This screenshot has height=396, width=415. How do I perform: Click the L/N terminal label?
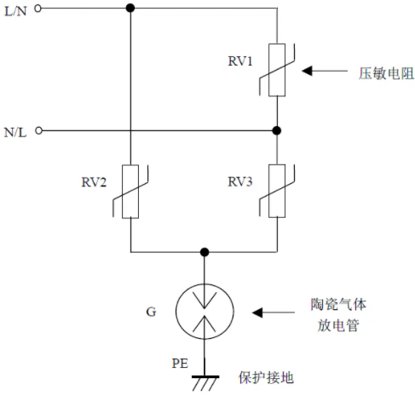tap(15, 11)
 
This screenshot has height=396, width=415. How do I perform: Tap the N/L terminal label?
tap(15, 132)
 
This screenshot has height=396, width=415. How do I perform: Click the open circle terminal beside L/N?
tap(37, 9)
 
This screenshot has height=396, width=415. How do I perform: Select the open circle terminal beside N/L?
tap(38, 130)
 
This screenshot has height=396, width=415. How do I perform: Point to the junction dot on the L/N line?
tap(130, 8)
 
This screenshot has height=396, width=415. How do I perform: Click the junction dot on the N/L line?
tap(277, 130)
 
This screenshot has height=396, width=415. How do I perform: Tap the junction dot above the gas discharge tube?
tap(205, 252)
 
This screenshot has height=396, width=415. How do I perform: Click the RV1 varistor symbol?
tap(277, 70)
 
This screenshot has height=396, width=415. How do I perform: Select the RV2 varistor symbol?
tap(130, 192)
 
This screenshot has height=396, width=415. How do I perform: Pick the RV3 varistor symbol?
tap(277, 191)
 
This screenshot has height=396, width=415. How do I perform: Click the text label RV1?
tap(240, 61)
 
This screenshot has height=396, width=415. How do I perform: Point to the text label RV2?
tap(94, 182)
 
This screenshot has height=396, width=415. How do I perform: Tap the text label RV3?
tap(240, 181)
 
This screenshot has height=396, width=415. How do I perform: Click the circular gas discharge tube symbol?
tap(205, 312)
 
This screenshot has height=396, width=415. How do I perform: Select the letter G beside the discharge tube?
tap(151, 312)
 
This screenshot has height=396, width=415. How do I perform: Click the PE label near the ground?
tap(180, 364)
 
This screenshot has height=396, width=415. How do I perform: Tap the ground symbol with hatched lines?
tap(205, 383)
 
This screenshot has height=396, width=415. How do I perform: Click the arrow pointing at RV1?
tap(325, 71)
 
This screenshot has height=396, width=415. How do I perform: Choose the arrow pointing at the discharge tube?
tap(274, 313)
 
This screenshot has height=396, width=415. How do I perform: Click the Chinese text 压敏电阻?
tap(386, 74)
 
